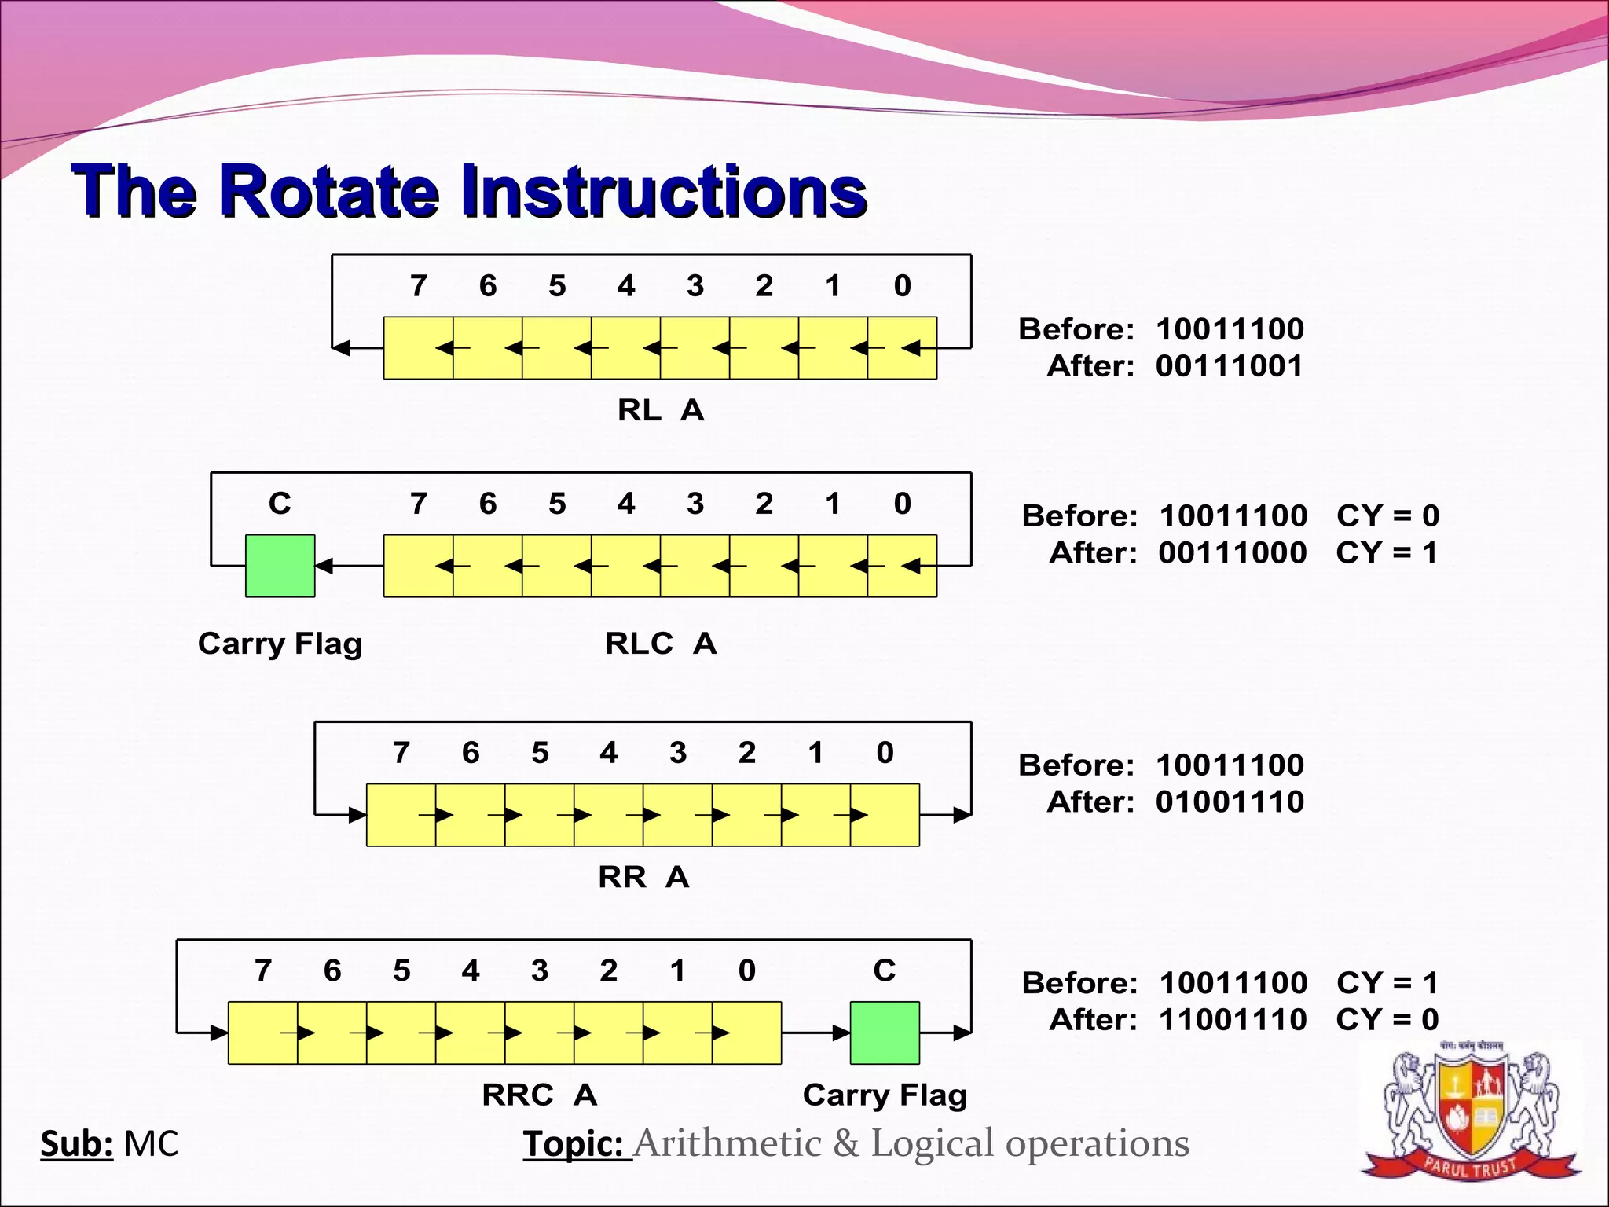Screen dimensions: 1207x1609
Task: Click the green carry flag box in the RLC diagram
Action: tap(280, 566)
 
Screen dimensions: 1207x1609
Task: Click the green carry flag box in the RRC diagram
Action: tap(885, 1033)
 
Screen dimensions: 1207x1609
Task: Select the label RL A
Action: tap(660, 410)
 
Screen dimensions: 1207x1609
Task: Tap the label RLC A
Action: tap(660, 644)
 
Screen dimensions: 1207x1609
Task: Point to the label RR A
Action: tap(643, 877)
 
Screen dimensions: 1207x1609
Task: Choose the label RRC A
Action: tap(539, 1095)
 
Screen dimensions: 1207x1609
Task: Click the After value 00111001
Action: tap(1230, 366)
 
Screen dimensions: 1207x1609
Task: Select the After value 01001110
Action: tap(1230, 802)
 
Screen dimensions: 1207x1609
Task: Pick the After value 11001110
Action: tap(1233, 1020)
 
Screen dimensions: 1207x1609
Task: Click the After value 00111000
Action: tap(1233, 553)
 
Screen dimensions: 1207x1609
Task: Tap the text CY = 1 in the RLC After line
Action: tap(1387, 553)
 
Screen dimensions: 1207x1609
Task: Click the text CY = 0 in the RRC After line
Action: tap(1387, 1020)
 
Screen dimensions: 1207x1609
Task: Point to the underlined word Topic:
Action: tap(576, 1144)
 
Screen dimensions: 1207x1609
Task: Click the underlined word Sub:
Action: tap(76, 1144)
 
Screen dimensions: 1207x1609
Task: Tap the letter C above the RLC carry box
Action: tap(280, 504)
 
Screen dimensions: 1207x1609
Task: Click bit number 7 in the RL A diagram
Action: tap(419, 286)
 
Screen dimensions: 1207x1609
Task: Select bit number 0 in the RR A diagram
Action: tap(885, 753)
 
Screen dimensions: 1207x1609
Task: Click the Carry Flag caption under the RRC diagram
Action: tap(885, 1095)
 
